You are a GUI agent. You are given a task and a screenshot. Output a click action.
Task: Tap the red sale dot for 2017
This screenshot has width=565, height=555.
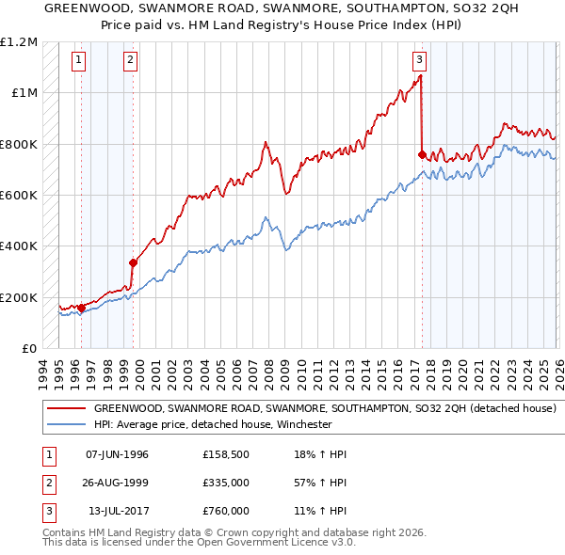click(x=422, y=154)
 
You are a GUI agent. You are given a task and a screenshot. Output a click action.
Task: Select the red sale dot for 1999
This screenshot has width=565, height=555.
click(x=134, y=262)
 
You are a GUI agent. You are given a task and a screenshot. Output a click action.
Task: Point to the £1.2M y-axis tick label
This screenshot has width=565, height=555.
click(x=19, y=41)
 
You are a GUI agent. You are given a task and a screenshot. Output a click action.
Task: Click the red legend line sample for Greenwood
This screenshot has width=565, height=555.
click(x=66, y=409)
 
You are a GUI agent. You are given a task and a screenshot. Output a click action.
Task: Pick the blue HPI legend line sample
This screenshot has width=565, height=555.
click(x=66, y=424)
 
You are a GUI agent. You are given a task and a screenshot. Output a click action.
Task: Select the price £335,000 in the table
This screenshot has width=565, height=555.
click(x=226, y=483)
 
